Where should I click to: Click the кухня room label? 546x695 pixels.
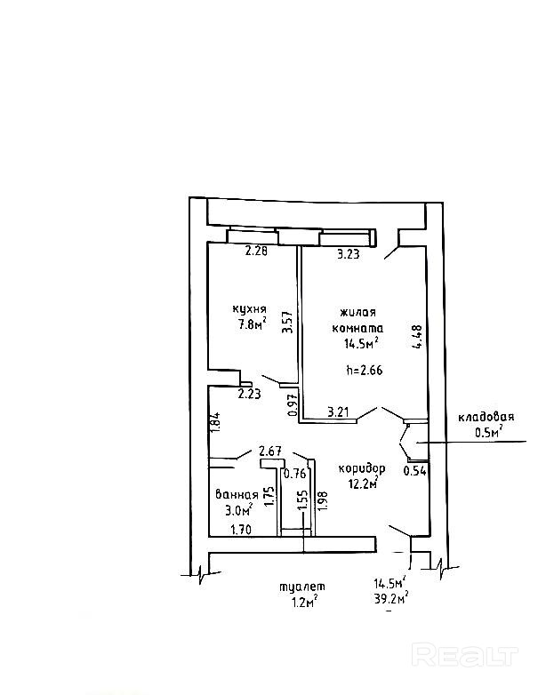point(250,309)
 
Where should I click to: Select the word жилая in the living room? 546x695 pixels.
point(358,313)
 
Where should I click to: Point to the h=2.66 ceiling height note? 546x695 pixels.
point(364,371)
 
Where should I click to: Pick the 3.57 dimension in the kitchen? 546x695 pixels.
point(286,321)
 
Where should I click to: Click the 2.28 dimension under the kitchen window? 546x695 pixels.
point(256,252)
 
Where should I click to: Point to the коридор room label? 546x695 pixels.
point(362,468)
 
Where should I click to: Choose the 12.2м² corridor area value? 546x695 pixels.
point(363,483)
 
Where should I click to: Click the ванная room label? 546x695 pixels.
point(237,495)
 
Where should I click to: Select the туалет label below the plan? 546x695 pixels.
point(301,587)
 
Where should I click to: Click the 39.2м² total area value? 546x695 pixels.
point(390,600)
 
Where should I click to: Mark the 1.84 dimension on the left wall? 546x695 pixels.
point(214,421)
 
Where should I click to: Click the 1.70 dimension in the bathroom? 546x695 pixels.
point(242,531)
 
